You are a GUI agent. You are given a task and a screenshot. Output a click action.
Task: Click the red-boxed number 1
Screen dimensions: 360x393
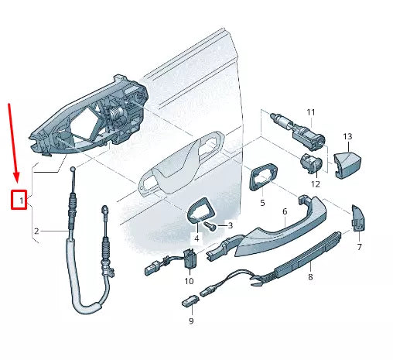22,201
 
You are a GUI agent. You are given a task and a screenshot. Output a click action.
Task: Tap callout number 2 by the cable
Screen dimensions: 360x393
36,231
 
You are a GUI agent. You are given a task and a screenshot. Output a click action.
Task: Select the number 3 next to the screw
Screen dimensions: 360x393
230,225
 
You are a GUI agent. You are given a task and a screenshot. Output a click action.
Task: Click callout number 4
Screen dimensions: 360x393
196,238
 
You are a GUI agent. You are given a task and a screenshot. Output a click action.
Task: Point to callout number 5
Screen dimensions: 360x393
262,203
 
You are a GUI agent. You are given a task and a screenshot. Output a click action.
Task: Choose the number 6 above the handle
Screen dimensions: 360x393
284,211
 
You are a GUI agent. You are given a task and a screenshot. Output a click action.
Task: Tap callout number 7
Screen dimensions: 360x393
358,247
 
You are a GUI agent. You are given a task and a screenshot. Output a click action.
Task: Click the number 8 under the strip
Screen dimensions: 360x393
309,276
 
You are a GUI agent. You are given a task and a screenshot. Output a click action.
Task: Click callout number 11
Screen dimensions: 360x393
311,113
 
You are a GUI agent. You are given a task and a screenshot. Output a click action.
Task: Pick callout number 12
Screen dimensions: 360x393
315,184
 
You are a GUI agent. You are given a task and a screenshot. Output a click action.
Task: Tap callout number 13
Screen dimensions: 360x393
347,137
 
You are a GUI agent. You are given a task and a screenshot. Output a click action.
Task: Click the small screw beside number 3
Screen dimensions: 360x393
210,225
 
